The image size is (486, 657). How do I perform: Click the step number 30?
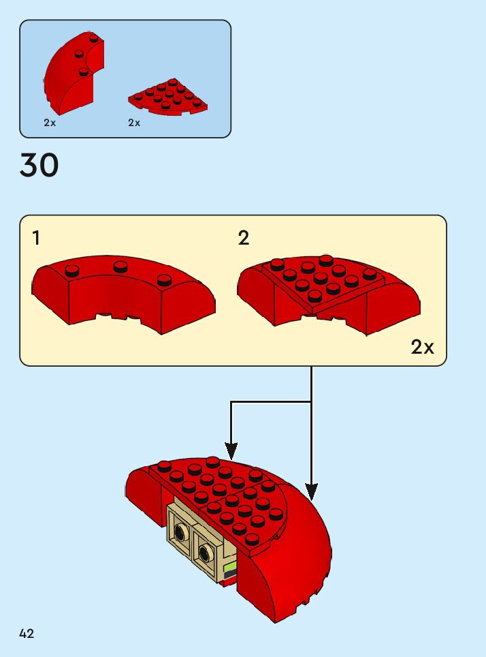[39, 166]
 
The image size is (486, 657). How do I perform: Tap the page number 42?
[27, 634]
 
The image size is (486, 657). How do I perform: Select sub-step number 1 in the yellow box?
[36, 238]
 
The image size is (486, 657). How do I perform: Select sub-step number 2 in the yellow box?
[244, 238]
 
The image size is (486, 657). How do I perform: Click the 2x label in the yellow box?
[422, 347]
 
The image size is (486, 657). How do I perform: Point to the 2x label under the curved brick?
[50, 123]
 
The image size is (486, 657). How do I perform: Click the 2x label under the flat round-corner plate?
[134, 123]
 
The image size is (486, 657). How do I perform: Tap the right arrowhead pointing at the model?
[311, 491]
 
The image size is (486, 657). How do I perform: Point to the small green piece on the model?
[229, 566]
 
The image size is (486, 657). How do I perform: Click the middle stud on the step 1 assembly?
[121, 265]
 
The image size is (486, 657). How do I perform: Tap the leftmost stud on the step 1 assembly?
[71, 271]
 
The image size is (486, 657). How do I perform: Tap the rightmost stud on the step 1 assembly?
[164, 279]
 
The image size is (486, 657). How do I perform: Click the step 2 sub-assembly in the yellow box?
[328, 293]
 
